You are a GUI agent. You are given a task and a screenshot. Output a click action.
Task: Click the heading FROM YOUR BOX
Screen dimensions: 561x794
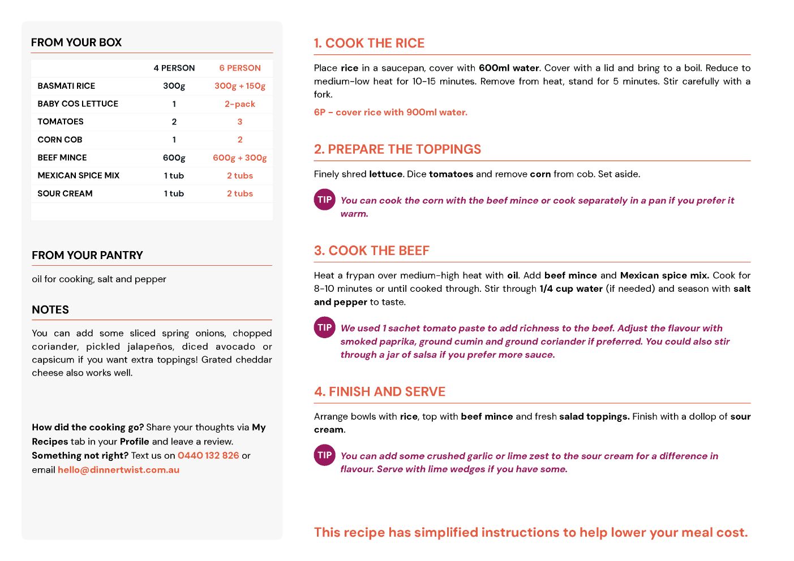click(76, 42)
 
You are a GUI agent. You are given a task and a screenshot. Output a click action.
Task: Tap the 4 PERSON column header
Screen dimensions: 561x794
click(174, 68)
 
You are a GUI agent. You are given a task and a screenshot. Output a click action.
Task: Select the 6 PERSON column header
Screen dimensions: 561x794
click(240, 68)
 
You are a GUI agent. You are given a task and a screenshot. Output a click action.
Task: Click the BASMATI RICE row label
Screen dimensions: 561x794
click(66, 86)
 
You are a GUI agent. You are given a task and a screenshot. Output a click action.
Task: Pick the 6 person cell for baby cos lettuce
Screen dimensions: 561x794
click(240, 104)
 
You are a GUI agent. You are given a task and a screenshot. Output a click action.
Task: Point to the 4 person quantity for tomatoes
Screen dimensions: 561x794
click(174, 122)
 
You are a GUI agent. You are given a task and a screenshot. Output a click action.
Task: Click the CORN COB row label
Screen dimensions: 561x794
click(60, 140)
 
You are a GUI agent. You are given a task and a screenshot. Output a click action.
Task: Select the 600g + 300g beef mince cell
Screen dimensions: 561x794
click(240, 158)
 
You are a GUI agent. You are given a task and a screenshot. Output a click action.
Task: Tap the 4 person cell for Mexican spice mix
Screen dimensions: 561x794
click(174, 176)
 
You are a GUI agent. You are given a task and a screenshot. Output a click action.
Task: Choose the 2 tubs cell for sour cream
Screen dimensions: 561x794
click(240, 193)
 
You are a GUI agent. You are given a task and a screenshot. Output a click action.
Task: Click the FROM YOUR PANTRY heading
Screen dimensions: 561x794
click(87, 255)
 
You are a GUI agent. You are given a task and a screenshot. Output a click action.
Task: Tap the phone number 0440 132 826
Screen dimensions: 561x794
click(208, 455)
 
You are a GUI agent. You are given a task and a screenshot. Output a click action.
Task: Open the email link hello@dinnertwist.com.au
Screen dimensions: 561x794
click(118, 469)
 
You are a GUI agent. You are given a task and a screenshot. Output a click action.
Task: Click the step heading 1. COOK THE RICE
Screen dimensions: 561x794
click(369, 44)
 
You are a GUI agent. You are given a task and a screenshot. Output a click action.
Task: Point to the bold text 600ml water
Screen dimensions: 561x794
click(509, 68)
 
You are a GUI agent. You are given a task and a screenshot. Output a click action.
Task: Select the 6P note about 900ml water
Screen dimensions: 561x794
click(390, 112)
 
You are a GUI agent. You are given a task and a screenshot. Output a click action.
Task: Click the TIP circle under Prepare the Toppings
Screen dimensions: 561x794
click(325, 200)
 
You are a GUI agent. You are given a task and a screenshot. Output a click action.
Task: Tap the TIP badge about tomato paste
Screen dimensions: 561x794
click(325, 327)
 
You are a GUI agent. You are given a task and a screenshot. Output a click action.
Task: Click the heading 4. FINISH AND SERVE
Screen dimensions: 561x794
click(380, 392)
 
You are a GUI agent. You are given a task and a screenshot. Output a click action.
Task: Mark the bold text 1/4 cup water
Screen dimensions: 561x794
click(571, 288)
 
